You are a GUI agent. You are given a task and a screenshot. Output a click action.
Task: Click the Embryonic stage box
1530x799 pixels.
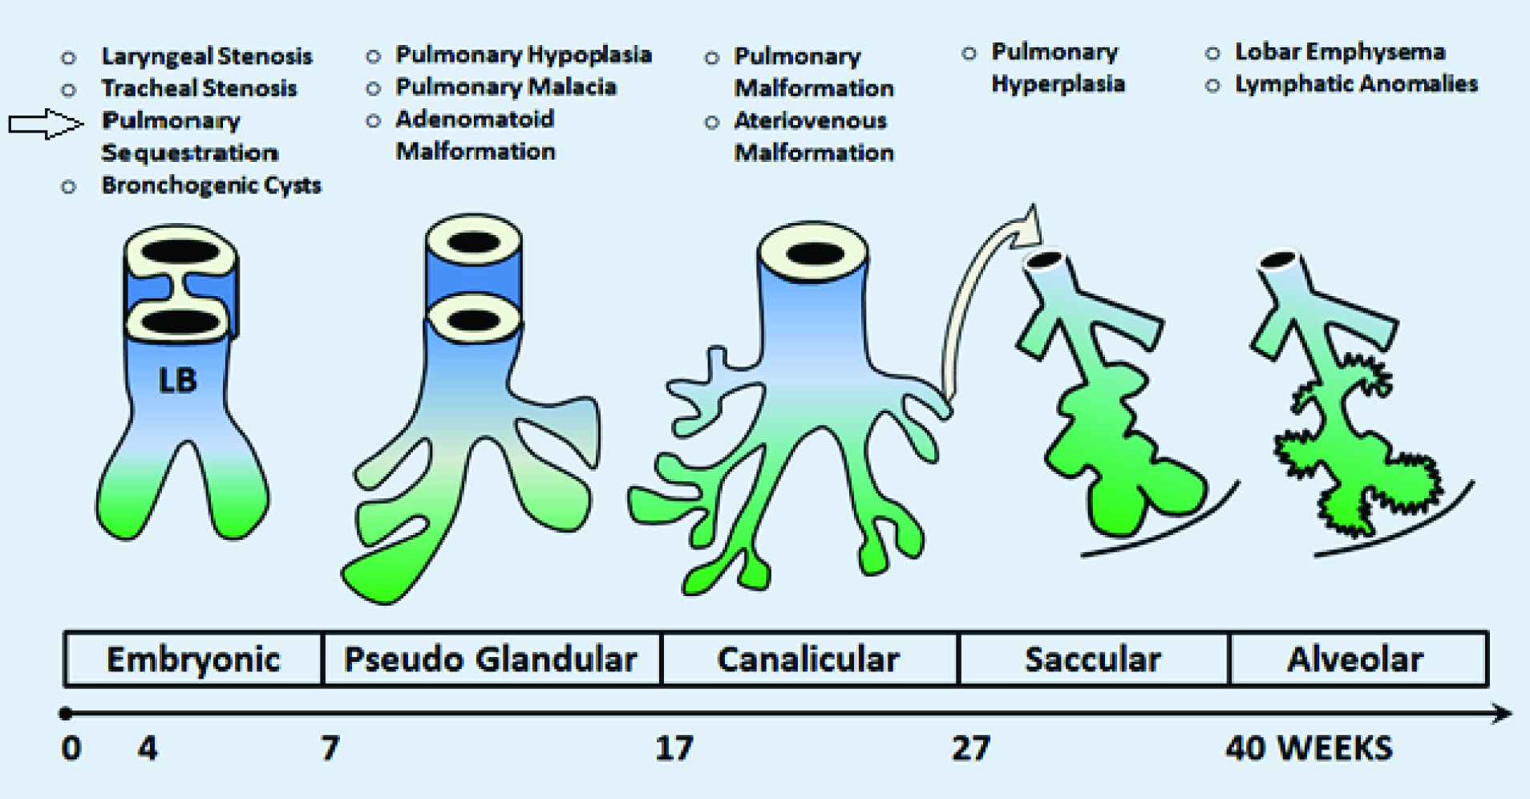(193, 659)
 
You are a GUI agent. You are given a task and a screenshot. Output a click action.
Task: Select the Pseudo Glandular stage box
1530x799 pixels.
(491, 659)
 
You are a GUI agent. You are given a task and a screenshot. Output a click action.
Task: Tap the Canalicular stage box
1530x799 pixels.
(808, 659)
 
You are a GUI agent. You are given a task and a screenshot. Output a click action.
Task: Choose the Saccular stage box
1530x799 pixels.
(1093, 659)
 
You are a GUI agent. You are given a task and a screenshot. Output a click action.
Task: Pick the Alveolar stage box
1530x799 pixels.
(1356, 659)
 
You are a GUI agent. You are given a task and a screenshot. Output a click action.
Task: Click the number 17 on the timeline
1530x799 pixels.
(674, 748)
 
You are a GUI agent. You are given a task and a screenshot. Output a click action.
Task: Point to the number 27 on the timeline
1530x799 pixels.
(970, 748)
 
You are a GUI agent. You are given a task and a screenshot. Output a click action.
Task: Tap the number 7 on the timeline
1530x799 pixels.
(330, 748)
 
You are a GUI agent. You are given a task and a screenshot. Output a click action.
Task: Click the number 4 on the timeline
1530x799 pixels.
(148, 748)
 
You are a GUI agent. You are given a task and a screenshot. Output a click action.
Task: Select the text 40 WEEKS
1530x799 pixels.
(1309, 748)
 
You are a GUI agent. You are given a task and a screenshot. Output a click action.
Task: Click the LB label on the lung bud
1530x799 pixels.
(177, 380)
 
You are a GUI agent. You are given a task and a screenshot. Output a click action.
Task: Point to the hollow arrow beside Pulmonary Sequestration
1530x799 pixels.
(45, 124)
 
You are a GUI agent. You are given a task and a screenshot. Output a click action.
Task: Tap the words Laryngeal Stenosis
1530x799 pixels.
(206, 56)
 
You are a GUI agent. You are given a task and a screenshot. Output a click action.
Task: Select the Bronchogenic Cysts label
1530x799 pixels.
(211, 185)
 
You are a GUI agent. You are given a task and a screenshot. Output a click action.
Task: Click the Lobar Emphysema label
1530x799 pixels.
(1339, 52)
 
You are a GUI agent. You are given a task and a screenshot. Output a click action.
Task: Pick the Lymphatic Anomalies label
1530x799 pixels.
(1355, 84)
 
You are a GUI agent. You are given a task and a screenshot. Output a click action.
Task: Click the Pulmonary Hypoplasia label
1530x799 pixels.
(523, 55)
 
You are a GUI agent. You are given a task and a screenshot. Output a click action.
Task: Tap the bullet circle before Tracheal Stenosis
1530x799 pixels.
(69, 90)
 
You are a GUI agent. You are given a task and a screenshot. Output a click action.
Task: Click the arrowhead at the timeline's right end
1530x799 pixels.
(1502, 713)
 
